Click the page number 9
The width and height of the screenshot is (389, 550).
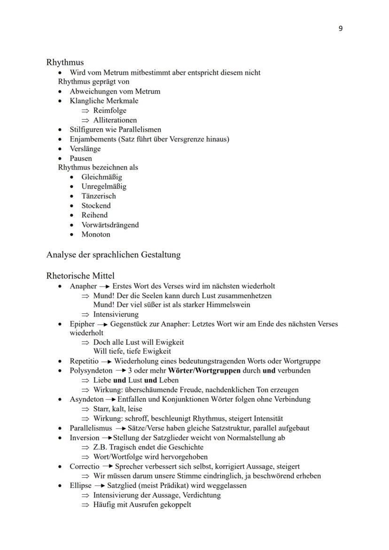pos(341,29)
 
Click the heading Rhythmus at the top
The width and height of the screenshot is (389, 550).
pos(65,62)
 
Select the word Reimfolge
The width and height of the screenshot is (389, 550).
pos(109,110)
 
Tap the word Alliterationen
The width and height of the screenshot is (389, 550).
pos(115,120)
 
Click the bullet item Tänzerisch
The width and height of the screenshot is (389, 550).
pos(98,196)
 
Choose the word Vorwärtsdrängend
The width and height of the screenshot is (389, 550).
pos(110,225)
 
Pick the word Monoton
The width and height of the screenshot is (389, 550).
pos(96,234)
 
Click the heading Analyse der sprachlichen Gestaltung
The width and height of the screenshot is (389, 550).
pos(113,255)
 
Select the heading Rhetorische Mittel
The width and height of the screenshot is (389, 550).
pos(80,276)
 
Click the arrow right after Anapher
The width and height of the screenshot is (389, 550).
pos(104,286)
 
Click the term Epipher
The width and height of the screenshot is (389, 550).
pos(82,324)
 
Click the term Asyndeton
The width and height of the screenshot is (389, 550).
pos(86,399)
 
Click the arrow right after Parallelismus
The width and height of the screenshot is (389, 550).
pos(120,428)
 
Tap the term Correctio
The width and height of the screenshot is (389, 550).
pos(85,466)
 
